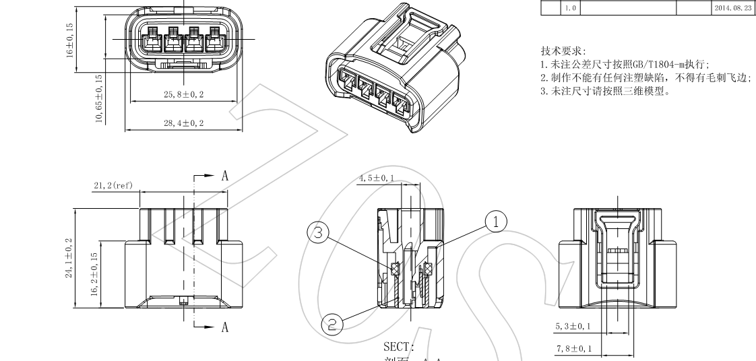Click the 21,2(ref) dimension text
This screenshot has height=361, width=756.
coord(113,185)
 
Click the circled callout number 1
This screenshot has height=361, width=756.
coord(495,220)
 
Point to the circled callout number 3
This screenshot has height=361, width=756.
coord(317,233)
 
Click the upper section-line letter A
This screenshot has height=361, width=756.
coord(224,176)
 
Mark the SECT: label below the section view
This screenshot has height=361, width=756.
coord(398,347)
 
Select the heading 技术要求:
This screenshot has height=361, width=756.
coord(563,51)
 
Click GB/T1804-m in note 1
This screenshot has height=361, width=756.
coord(657,65)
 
